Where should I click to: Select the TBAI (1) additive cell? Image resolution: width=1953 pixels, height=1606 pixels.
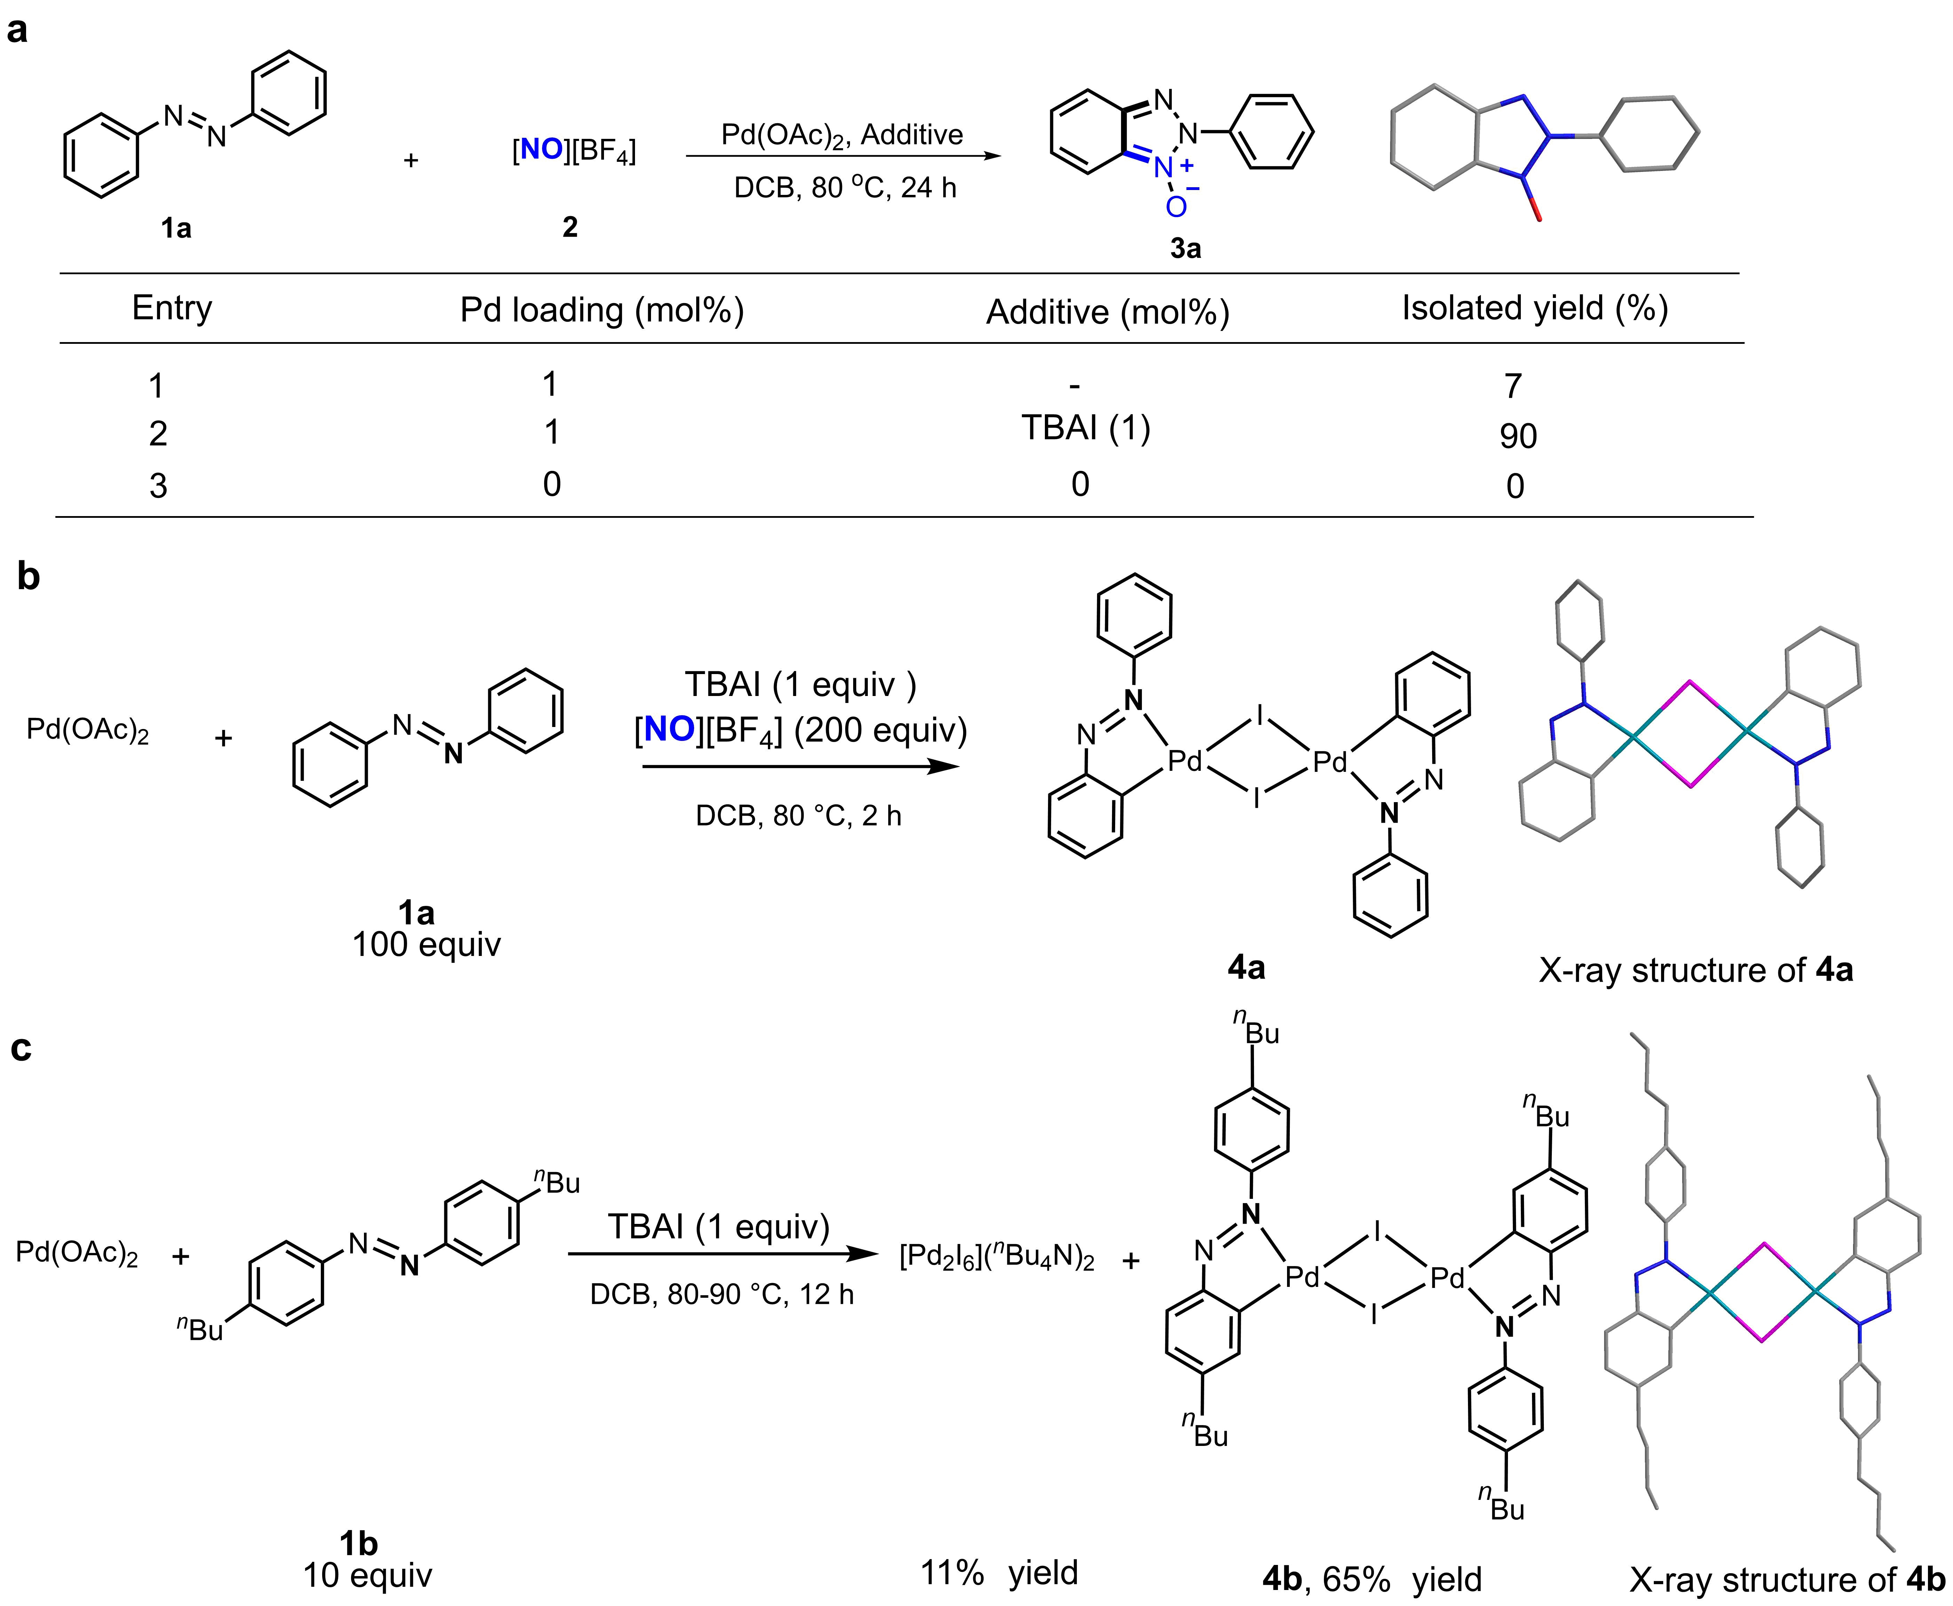1086,428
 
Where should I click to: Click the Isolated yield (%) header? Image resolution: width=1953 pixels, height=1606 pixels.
1535,308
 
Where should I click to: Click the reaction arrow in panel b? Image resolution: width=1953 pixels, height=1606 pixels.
801,766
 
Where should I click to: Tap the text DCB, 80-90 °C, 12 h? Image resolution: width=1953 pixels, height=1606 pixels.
722,1293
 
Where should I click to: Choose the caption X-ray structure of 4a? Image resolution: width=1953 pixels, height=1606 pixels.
1696,971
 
